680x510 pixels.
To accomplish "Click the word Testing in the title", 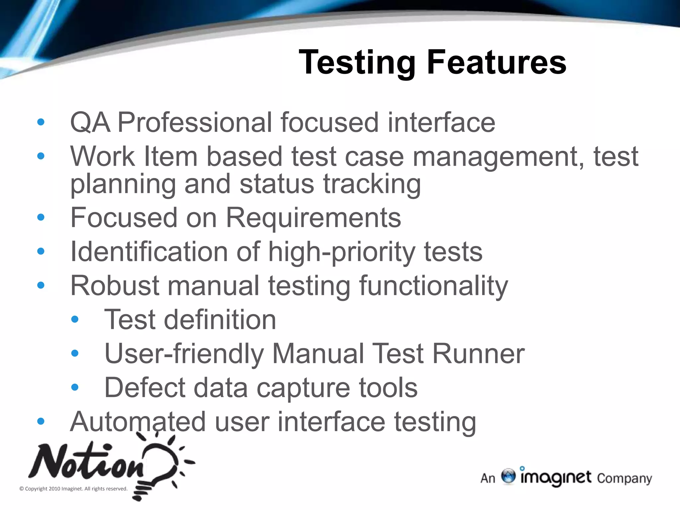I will (x=357, y=62).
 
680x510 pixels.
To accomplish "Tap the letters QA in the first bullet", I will (x=90, y=122).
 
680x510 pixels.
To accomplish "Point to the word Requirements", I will (x=313, y=217).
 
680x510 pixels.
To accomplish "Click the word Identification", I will (x=149, y=251).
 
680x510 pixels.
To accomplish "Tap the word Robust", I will (x=115, y=286).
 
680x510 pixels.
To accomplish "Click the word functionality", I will (x=433, y=286).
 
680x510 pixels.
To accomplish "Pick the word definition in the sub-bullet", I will (x=219, y=319).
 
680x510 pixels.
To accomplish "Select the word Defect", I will (x=145, y=387).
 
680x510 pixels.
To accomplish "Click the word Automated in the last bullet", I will (x=138, y=422).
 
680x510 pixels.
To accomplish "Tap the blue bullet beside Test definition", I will (x=75, y=319).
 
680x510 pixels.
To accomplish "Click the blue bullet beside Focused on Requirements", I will (x=41, y=217).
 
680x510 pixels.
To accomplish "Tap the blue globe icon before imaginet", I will (x=508, y=476).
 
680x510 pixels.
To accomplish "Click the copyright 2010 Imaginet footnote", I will (x=73, y=489).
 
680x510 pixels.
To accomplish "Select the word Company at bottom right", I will (x=624, y=478).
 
